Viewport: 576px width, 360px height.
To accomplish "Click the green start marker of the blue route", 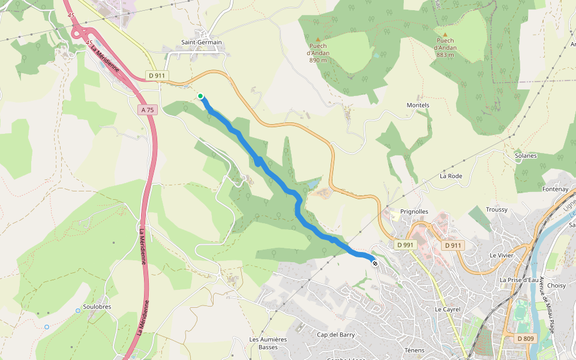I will point(200,95).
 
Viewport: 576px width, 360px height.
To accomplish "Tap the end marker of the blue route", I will point(375,263).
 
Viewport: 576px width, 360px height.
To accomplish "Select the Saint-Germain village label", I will point(202,43).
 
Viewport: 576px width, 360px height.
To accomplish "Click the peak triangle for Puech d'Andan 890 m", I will point(318,40).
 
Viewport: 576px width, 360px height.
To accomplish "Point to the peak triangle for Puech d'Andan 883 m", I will point(445,34).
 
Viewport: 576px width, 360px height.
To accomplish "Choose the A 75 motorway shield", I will point(148,110).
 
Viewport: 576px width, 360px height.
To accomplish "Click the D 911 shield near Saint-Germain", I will point(156,76).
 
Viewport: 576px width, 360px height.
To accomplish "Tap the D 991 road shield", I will point(406,245).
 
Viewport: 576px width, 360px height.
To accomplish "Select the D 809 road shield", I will point(526,338).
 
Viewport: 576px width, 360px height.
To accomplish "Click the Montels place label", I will point(418,105).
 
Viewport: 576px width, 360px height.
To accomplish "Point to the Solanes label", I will point(526,155).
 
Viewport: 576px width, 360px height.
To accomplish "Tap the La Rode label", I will point(451,176).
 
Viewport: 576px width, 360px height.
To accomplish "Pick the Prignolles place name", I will point(414,212).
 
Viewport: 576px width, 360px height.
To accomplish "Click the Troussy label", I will point(497,209).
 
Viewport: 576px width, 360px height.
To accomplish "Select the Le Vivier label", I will point(501,255).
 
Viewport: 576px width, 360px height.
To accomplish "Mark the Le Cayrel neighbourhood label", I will point(446,309).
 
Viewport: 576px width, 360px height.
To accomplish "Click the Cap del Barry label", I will point(336,335).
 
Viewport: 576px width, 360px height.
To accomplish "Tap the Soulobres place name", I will point(97,307).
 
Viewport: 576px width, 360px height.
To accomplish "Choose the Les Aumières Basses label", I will point(268,343).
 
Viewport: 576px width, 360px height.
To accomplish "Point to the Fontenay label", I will point(555,189).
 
